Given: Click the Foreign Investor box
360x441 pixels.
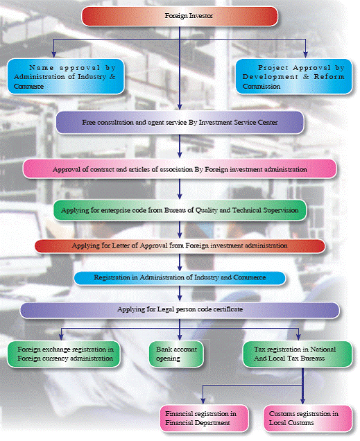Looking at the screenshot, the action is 180,17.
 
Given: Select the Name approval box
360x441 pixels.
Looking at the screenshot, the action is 65,76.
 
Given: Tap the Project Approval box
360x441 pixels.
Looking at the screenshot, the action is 294,76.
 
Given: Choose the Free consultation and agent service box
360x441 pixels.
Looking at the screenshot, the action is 180,123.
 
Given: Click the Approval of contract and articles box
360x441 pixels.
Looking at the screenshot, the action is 180,169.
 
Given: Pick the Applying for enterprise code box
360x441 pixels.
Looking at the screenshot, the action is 180,210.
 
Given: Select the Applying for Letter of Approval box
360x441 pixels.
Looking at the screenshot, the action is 180,246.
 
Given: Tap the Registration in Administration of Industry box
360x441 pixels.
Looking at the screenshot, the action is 180,278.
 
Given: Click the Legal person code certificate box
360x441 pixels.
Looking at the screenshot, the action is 180,310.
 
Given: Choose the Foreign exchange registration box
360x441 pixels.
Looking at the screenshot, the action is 64,354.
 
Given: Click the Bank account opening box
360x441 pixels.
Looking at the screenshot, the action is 176,354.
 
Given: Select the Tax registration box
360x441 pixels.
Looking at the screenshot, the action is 298,354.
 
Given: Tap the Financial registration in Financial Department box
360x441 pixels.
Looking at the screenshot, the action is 205,418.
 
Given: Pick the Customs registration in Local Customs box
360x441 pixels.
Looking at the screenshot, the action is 308,418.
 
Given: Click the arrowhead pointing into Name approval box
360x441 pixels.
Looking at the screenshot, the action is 53,55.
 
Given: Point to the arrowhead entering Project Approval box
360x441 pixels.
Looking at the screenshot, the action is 305,55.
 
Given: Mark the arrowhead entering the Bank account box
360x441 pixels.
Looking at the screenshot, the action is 180,337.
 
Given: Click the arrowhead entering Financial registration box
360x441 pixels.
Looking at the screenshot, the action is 203,401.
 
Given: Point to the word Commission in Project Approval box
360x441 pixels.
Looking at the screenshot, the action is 262,87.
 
